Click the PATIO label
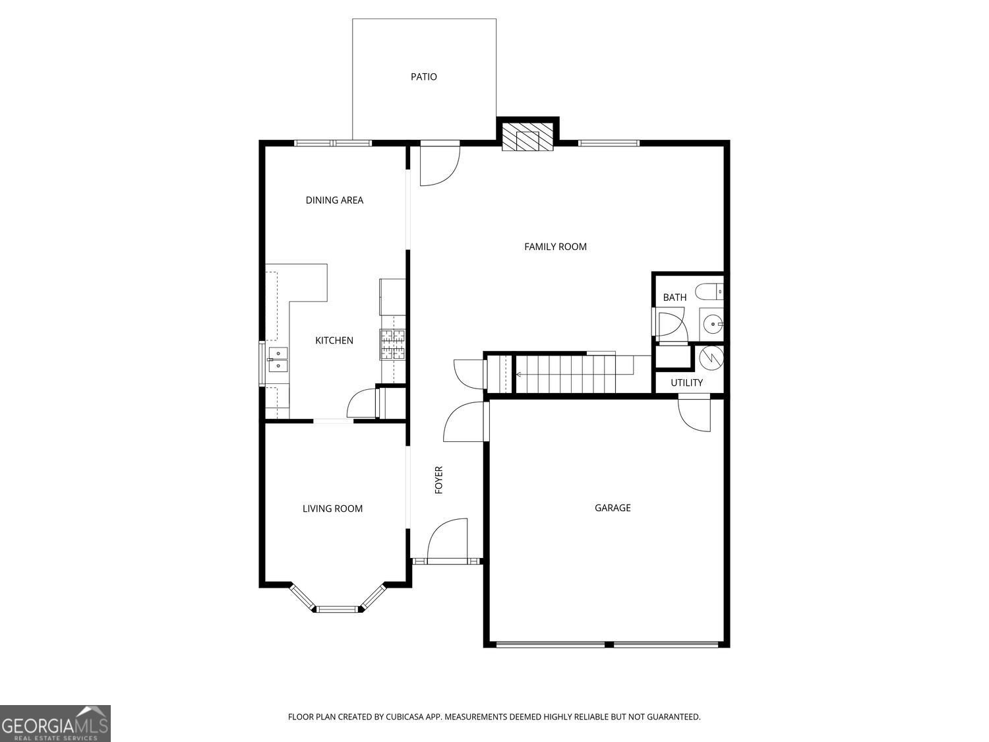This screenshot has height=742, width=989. pyautogui.click(x=424, y=77)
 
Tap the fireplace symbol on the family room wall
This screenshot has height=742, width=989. pyautogui.click(x=527, y=137)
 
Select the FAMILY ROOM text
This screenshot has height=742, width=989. pyautogui.click(x=555, y=247)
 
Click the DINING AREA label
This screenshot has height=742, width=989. pyautogui.click(x=334, y=200)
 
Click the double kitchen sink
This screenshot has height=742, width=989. pyautogui.click(x=278, y=359)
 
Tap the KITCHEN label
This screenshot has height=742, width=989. pyautogui.click(x=334, y=340)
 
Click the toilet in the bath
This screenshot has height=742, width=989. pyautogui.click(x=711, y=291)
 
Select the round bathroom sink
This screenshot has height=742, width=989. pyautogui.click(x=712, y=324)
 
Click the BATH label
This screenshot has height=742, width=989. pyautogui.click(x=674, y=297)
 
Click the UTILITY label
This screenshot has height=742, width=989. pyautogui.click(x=686, y=383)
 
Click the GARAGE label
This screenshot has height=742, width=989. pyautogui.click(x=613, y=508)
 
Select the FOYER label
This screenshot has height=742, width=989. pyautogui.click(x=439, y=480)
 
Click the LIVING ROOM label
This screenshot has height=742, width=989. pyautogui.click(x=332, y=509)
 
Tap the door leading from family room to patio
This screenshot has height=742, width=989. pyautogui.click(x=439, y=165)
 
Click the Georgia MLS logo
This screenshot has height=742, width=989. pyautogui.click(x=55, y=723)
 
